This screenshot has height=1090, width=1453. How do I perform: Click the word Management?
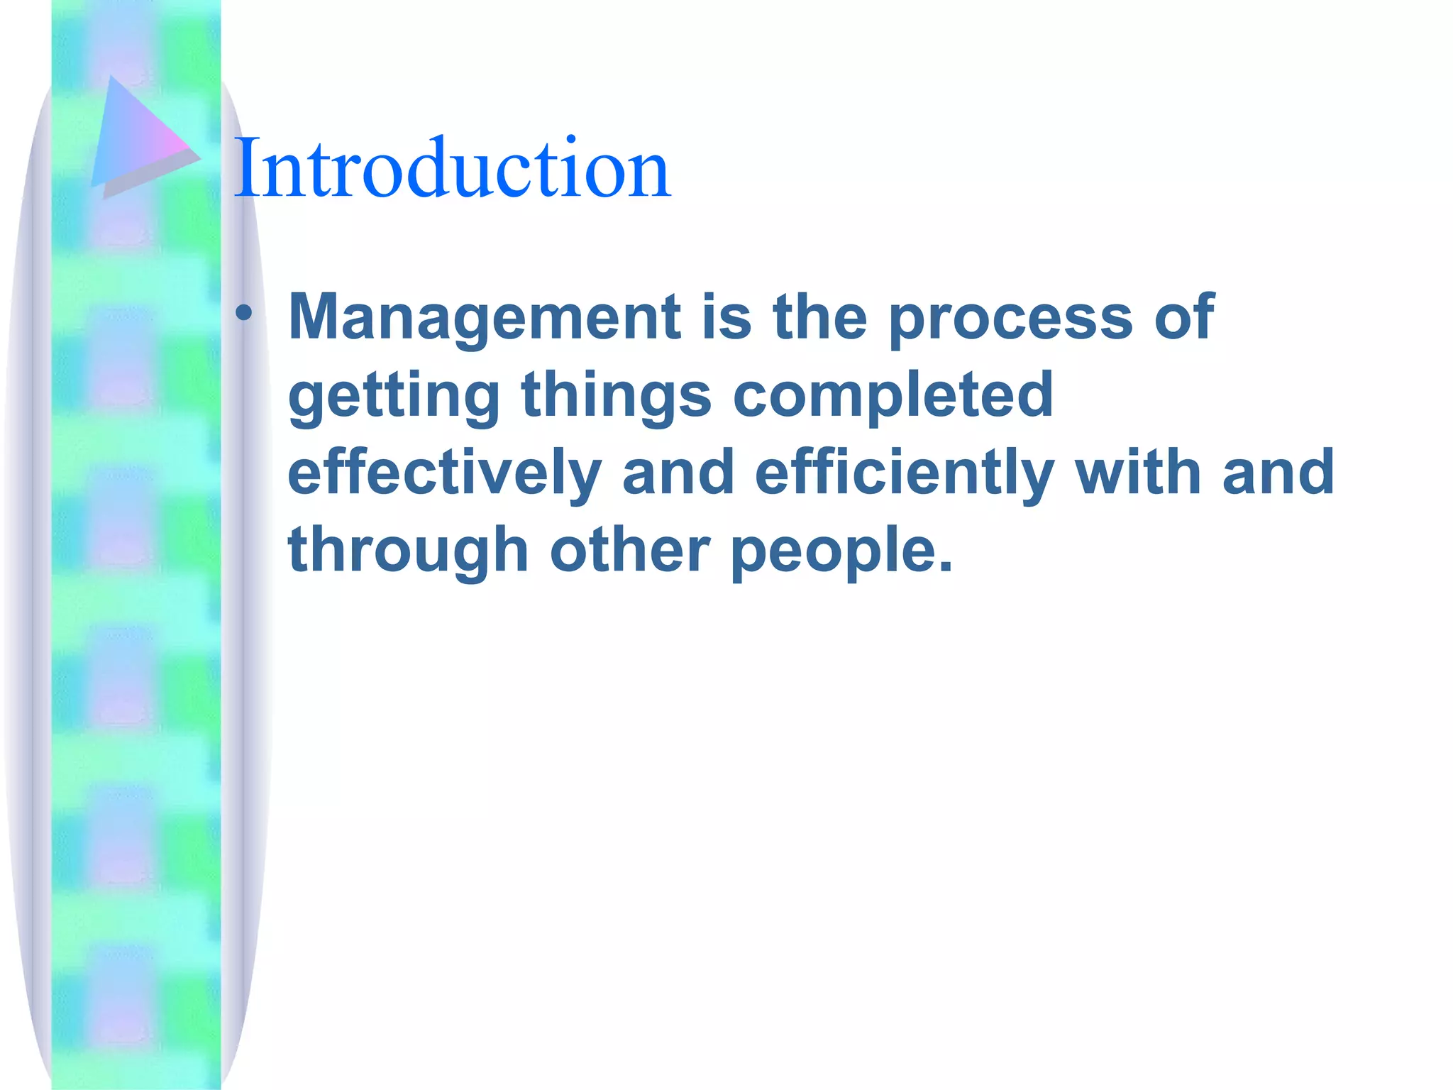coord(485,317)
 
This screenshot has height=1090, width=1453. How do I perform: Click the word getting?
coord(394,397)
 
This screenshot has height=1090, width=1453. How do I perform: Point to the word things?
coord(616,395)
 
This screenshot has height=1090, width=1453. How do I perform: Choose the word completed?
coord(893,397)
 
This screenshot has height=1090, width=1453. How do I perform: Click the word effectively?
coord(444,474)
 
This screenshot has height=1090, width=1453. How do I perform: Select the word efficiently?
coord(904,474)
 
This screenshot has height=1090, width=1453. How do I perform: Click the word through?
coord(408,551)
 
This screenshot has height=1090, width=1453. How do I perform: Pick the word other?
coord(629,550)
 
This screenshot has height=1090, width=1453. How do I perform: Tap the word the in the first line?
coord(819,317)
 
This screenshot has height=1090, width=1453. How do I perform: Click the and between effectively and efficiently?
coord(678,473)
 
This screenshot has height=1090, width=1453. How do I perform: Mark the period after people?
coord(945,566)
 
